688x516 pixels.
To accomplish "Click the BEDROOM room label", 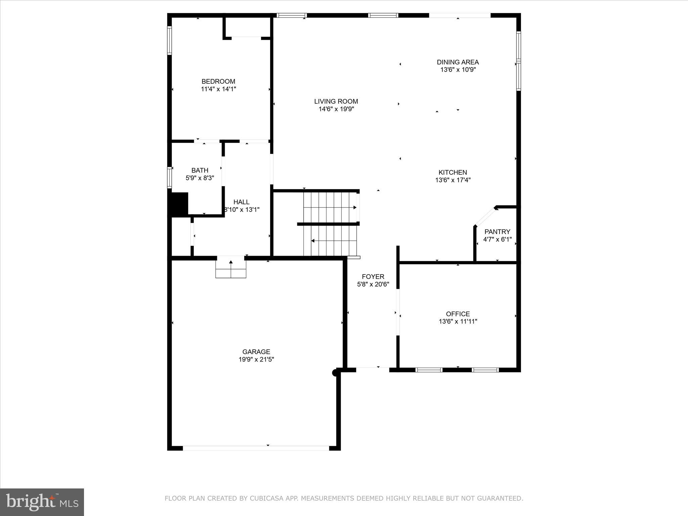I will pos(218,81).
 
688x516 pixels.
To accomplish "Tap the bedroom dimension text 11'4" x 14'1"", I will pos(218,89).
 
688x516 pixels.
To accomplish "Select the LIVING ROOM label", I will pos(336,101).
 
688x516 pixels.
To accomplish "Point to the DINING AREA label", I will pos(458,62).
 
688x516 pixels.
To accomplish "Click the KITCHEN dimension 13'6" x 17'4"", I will pos(453,180).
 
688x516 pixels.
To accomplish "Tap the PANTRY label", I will pos(497,231).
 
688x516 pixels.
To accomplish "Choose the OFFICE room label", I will pos(458,314).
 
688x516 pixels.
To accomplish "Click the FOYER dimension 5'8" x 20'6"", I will pos(373,284).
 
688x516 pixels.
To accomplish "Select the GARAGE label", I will pos(256,352).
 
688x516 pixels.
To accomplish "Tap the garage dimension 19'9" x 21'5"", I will pos(256,359).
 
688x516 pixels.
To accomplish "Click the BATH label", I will pos(200,170).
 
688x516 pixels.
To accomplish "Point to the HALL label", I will pos(241,202).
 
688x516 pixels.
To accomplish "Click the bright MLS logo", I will pos(42,502).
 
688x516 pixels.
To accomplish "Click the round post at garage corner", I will pos(335,373).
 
